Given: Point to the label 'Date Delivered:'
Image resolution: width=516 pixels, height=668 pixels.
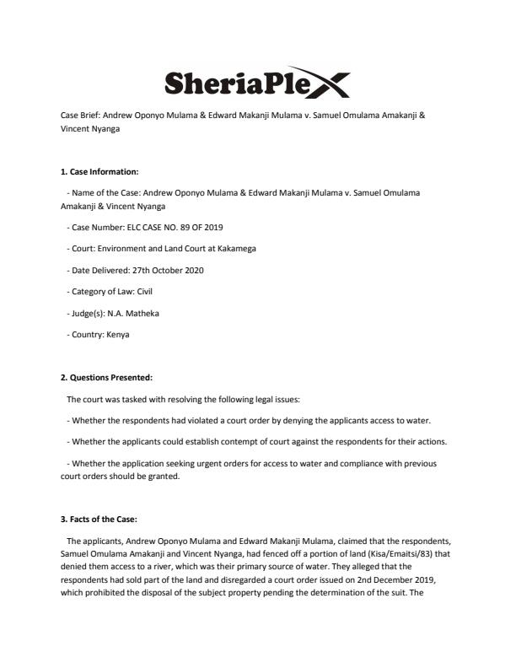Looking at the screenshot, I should pos(94,270).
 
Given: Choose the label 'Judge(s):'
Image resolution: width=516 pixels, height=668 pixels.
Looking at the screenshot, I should pos(87,313).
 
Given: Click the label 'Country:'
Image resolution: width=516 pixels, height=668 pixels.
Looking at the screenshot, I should pos(85,334).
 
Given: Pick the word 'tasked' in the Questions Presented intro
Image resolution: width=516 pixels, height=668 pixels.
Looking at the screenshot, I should pos(122,398).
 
